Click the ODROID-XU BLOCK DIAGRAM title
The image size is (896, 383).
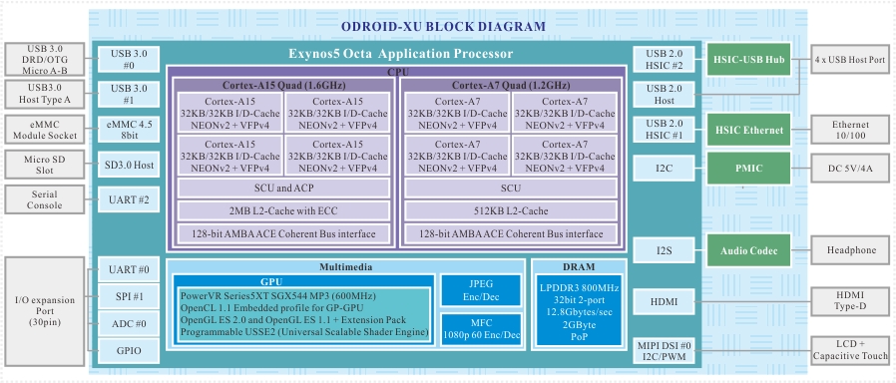pos(443,26)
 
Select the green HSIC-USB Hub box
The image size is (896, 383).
pos(748,60)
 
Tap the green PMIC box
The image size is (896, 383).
pos(748,169)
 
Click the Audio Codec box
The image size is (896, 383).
pos(748,250)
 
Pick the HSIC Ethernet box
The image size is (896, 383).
pos(748,130)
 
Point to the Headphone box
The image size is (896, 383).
pos(851,250)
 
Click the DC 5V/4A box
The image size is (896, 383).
pos(851,169)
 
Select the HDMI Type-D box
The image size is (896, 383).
pos(851,301)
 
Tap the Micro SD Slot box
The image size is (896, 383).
pos(45,165)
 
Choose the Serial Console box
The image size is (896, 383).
pos(45,199)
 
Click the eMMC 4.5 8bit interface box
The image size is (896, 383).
pos(129,130)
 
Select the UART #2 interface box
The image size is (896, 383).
pos(129,199)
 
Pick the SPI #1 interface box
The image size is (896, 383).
pos(129,297)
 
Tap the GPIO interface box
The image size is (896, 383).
pos(129,350)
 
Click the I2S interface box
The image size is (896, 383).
pos(664,250)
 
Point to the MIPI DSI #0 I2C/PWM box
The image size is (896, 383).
pos(664,351)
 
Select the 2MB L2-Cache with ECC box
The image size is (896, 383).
pos(284,210)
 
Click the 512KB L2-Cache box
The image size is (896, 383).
pos(511,210)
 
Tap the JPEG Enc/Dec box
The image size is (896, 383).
pos(481,290)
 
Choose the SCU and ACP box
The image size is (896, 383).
pos(284,188)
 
